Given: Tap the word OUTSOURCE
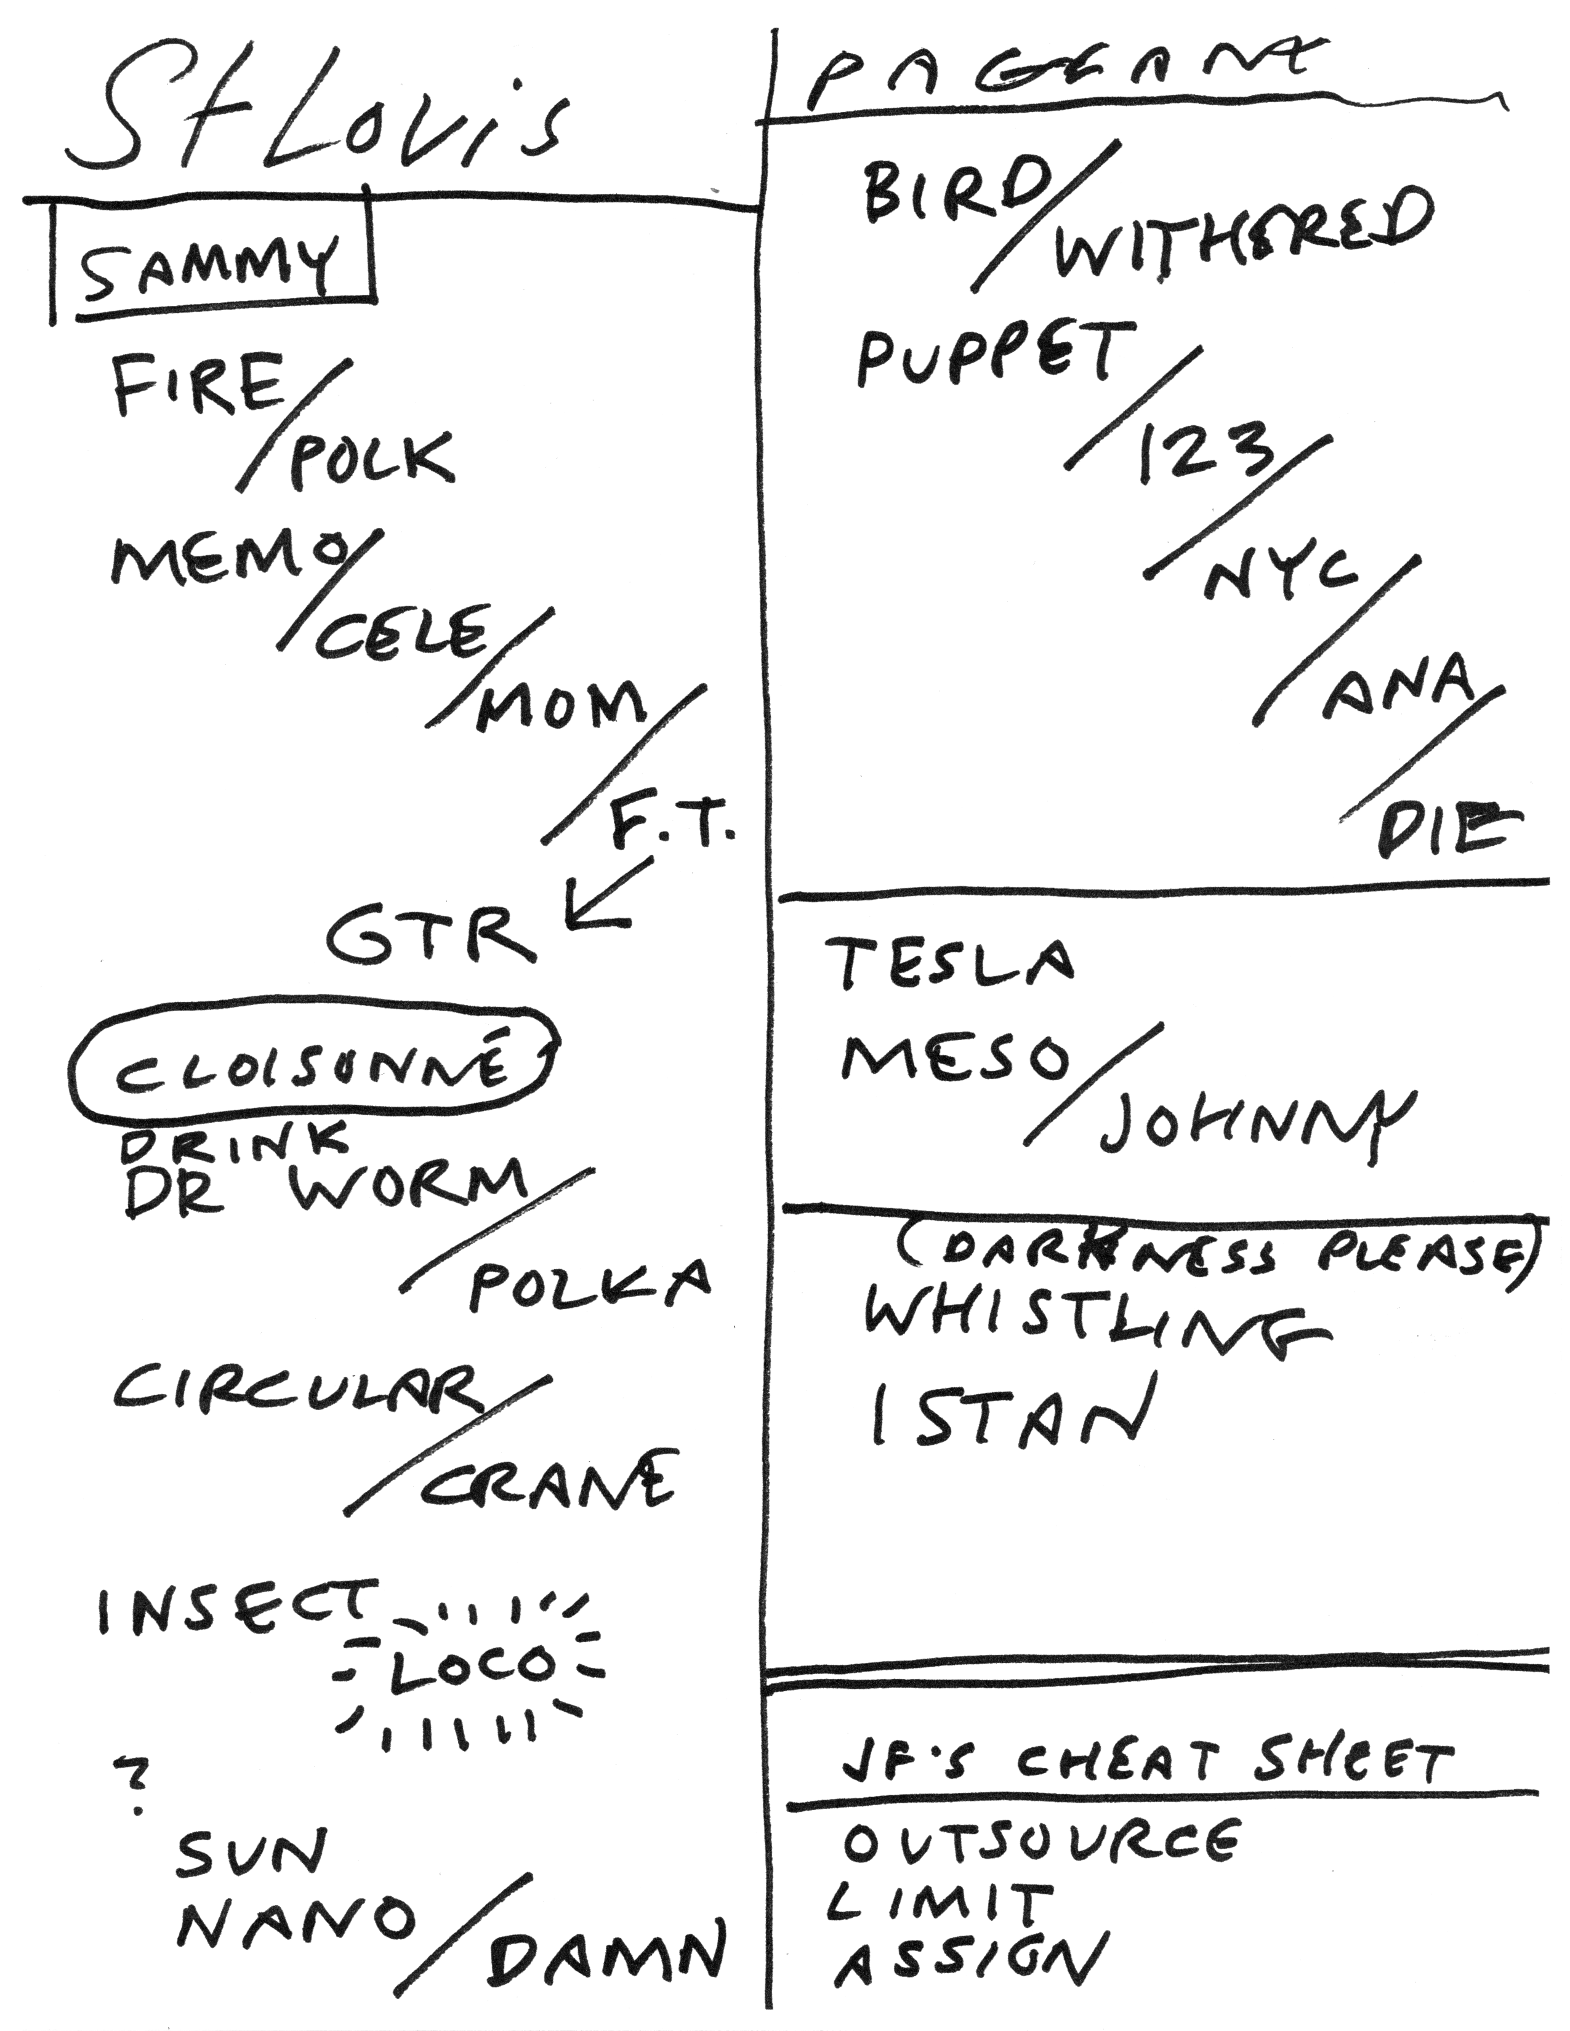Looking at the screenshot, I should (x=1042, y=1844).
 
